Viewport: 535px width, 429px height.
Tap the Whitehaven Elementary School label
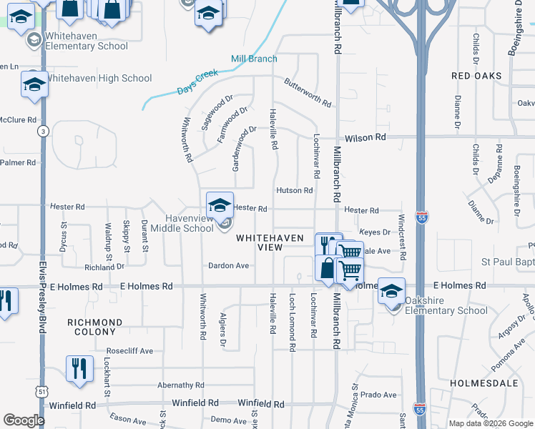point(87,41)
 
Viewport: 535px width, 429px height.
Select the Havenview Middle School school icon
point(220,204)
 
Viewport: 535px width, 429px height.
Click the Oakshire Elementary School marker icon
point(391,291)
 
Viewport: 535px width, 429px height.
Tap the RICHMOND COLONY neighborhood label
point(100,327)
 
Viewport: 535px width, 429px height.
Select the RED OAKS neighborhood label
point(476,76)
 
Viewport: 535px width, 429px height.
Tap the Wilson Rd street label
point(365,137)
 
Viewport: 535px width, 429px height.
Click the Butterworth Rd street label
point(308,92)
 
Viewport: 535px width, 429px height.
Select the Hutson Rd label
point(295,191)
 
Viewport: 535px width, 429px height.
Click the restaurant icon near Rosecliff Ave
point(79,369)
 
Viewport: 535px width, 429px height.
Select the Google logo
point(24,420)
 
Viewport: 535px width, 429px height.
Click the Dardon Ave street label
point(228,266)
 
